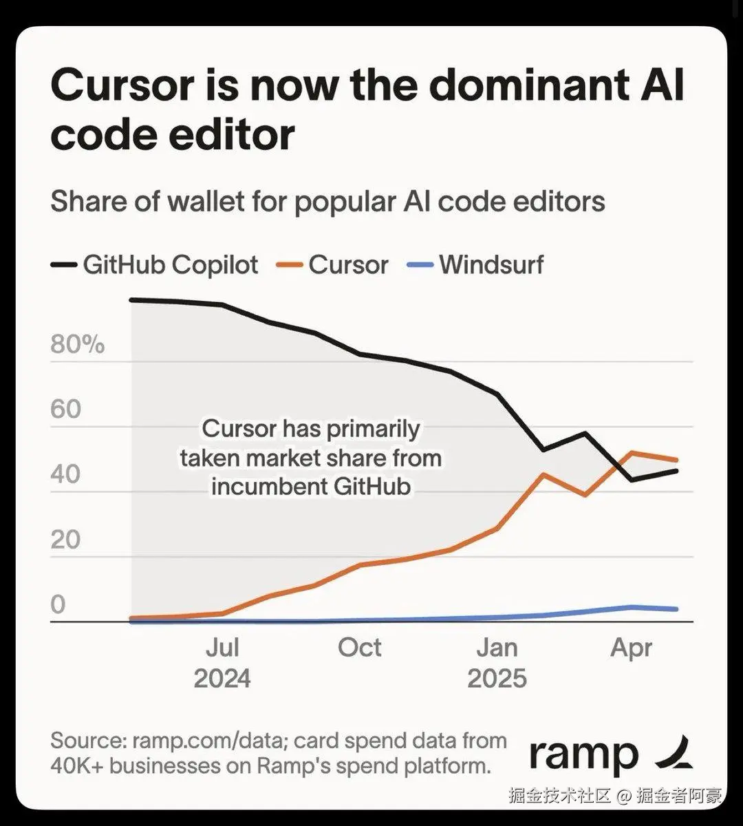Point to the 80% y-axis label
77,344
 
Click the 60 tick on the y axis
66,410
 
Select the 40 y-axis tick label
66,475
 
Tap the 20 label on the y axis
66,540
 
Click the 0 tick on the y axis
58,604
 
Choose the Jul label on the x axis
222,648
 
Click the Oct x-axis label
360,648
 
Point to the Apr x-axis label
632,648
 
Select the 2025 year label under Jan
497,679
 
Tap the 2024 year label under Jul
222,679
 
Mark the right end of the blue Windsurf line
677,609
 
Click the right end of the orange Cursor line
677,460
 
